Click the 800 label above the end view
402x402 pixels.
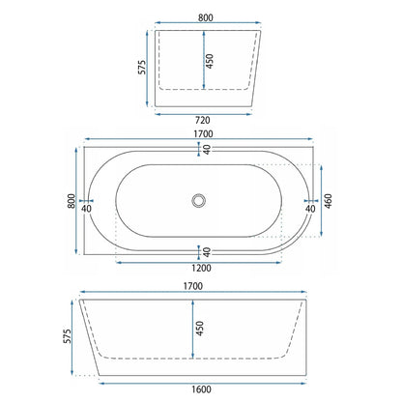206,17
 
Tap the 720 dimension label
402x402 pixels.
203,120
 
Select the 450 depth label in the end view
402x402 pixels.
210,61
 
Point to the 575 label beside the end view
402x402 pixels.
142,68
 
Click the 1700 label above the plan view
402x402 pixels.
203,133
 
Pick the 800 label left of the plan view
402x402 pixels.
72,201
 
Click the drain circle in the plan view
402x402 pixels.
198,200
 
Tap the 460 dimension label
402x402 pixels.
328,201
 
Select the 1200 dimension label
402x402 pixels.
201,268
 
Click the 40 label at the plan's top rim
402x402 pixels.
207,149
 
